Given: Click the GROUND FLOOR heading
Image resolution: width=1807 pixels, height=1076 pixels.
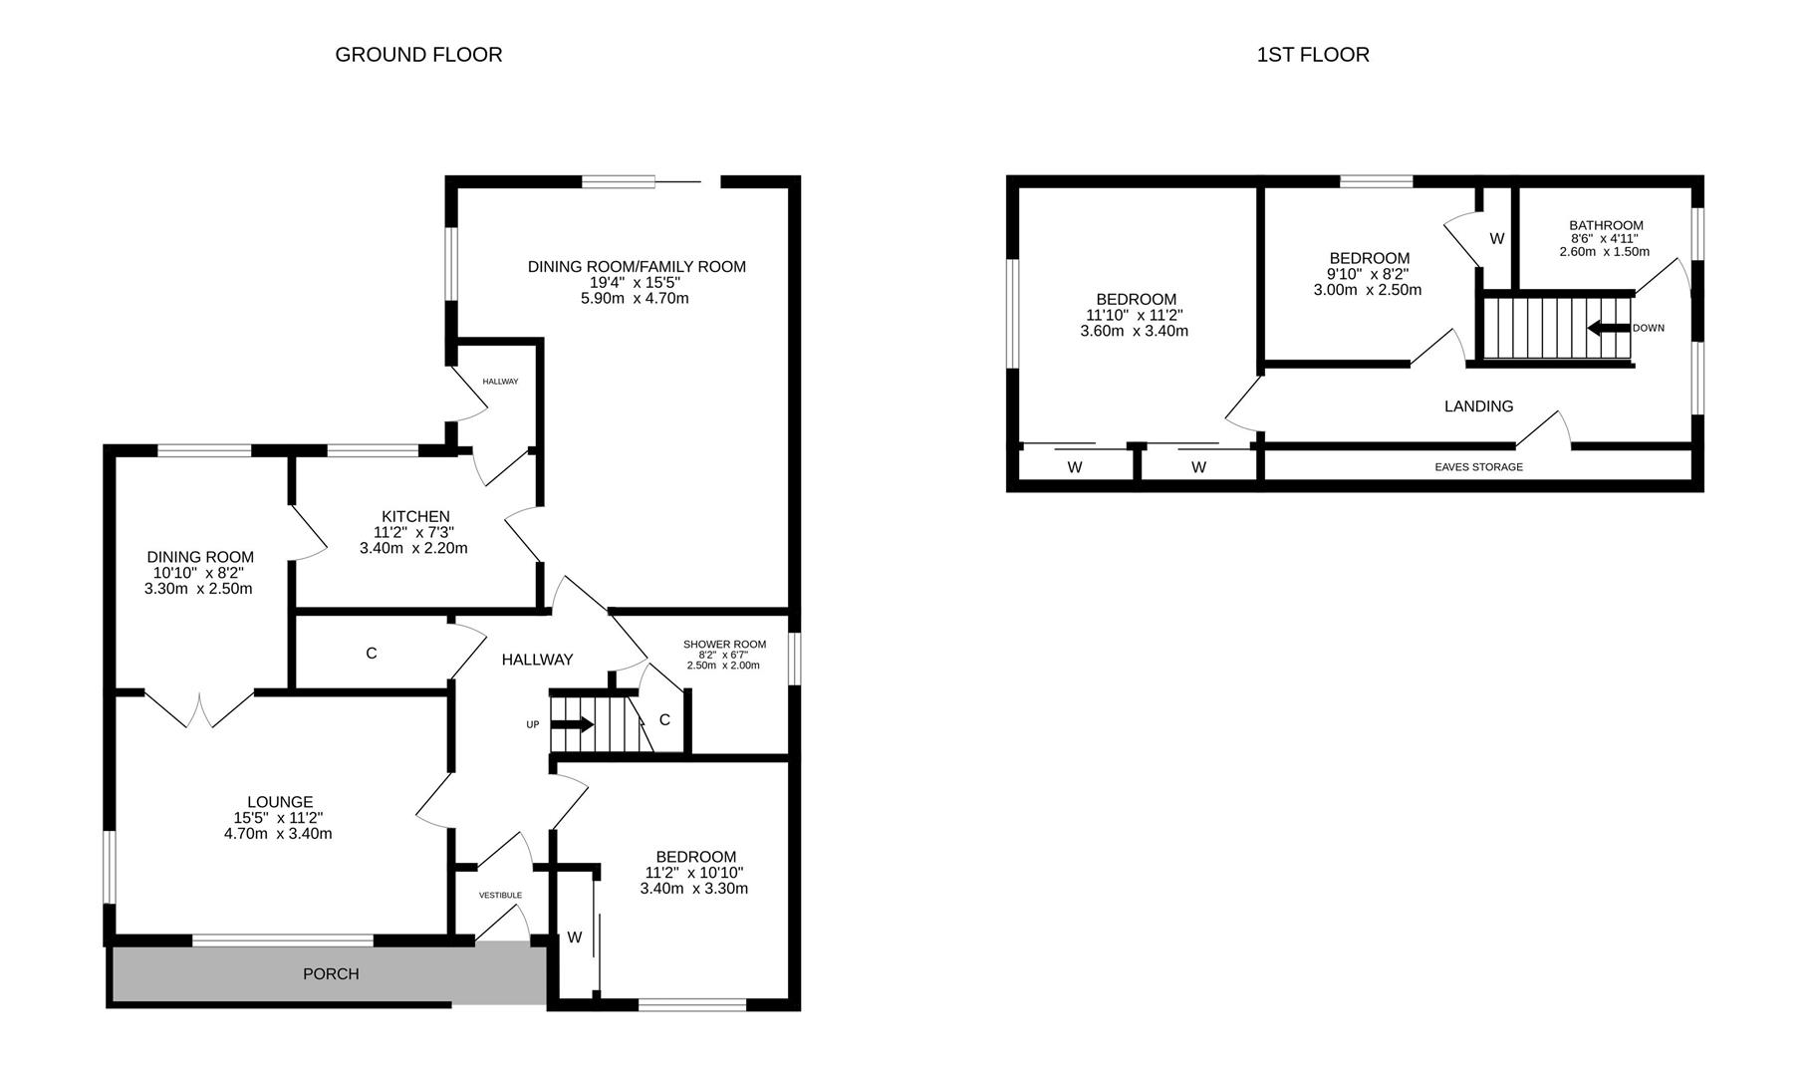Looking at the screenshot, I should click(x=418, y=55).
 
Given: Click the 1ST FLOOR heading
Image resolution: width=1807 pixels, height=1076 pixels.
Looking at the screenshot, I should click(x=1313, y=55).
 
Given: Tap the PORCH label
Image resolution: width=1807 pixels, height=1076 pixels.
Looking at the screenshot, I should click(x=331, y=974).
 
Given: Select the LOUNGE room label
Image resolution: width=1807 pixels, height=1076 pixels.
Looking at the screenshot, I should click(x=280, y=802).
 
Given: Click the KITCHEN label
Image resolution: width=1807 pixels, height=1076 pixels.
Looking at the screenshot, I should click(x=415, y=516).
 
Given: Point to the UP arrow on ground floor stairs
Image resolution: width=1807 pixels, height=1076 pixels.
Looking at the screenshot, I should click(x=572, y=724).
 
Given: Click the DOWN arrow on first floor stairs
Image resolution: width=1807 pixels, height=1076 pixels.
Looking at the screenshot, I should click(x=1608, y=328).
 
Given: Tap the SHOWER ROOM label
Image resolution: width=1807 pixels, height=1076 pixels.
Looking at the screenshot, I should click(x=724, y=645).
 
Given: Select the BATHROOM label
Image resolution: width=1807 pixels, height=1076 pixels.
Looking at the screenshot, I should click(x=1606, y=225).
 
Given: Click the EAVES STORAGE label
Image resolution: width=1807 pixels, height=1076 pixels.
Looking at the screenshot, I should click(x=1478, y=467).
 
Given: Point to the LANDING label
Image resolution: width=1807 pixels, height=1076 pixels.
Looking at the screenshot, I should click(x=1478, y=406).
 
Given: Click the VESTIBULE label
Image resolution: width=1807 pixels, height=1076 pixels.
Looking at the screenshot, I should click(x=500, y=896).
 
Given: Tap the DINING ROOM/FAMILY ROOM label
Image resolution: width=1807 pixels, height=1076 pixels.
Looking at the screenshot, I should click(x=637, y=266).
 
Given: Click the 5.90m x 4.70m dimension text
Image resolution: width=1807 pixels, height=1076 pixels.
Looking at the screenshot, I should click(x=635, y=298).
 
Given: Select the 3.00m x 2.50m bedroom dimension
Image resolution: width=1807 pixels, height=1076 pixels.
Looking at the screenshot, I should click(x=1368, y=290).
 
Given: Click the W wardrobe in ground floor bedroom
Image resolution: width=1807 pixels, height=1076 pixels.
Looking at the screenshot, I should click(x=575, y=938).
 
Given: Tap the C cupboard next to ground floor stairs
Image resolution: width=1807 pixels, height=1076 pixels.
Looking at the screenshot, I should click(x=664, y=719).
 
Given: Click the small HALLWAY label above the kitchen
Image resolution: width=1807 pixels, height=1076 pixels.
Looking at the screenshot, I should click(x=500, y=382).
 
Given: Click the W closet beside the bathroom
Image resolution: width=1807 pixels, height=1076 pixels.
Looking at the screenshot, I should click(x=1496, y=239).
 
